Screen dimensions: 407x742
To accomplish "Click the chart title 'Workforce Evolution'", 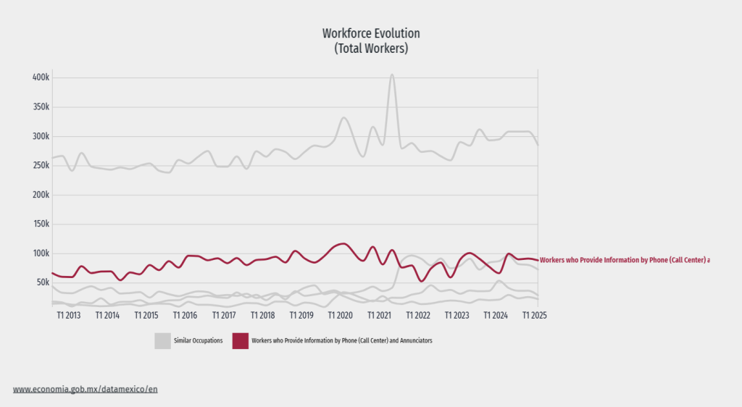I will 370,33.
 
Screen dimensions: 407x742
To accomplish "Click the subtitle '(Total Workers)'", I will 370,49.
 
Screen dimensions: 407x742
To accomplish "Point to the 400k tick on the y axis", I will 40,77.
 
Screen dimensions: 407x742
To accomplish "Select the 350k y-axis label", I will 40,107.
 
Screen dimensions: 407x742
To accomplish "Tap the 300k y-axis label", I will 40,136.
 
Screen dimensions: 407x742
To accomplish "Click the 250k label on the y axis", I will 40,166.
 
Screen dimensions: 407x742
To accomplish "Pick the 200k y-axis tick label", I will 40,195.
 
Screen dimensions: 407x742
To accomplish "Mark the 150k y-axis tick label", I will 40,225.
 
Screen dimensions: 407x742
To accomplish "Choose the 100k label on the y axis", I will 40,253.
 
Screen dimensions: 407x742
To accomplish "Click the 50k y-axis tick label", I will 42,283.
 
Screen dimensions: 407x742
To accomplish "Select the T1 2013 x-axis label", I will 68,316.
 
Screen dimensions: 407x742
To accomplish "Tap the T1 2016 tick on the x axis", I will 185,316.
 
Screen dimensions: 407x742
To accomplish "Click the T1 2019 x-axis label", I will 301,316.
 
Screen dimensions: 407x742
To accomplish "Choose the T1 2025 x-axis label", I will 535,316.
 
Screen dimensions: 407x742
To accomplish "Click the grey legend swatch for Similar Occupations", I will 162,341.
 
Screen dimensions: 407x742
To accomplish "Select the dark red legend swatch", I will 240,341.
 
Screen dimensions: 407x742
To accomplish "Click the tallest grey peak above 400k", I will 392,75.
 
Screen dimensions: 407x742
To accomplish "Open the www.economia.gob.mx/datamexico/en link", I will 85,389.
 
